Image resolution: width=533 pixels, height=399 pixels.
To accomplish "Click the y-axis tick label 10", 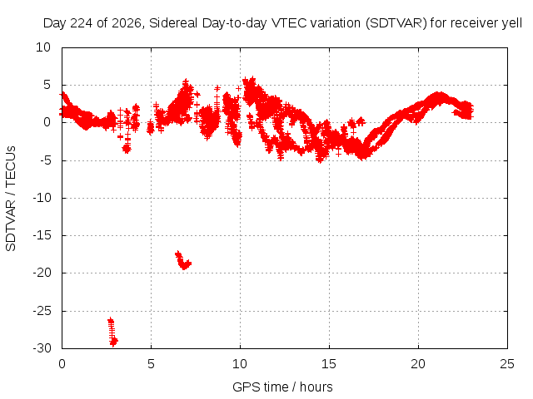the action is [x=43, y=47].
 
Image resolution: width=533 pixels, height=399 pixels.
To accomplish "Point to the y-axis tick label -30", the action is [x=42, y=348].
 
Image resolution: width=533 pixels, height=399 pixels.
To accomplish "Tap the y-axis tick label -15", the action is [x=42, y=235].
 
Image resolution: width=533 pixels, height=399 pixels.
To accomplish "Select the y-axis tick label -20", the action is [x=42, y=273].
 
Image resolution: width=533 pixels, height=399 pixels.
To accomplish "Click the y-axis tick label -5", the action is [x=45, y=160].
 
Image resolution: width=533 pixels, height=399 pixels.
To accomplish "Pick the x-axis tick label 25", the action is [x=507, y=364].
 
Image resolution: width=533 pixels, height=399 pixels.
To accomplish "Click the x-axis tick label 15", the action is [x=329, y=364].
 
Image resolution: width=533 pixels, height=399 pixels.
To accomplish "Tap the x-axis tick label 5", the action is [x=151, y=364].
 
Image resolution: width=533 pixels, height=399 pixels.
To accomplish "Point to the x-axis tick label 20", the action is [x=418, y=364].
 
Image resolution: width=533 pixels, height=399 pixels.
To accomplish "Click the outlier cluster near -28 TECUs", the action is [x=112, y=332].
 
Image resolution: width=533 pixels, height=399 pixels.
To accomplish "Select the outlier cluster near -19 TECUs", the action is [x=183, y=260].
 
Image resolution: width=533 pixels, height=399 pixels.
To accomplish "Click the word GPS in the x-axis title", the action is [x=243, y=387].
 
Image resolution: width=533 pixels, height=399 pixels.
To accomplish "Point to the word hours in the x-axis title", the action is [x=316, y=387].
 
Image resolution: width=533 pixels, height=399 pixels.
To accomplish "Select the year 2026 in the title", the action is [x=127, y=23].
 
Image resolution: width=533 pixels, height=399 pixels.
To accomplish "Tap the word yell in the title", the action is [x=512, y=23].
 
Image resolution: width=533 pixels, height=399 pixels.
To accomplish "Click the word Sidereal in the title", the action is [x=173, y=23].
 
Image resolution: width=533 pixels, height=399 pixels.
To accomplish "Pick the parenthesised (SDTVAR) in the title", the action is [x=396, y=23].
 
